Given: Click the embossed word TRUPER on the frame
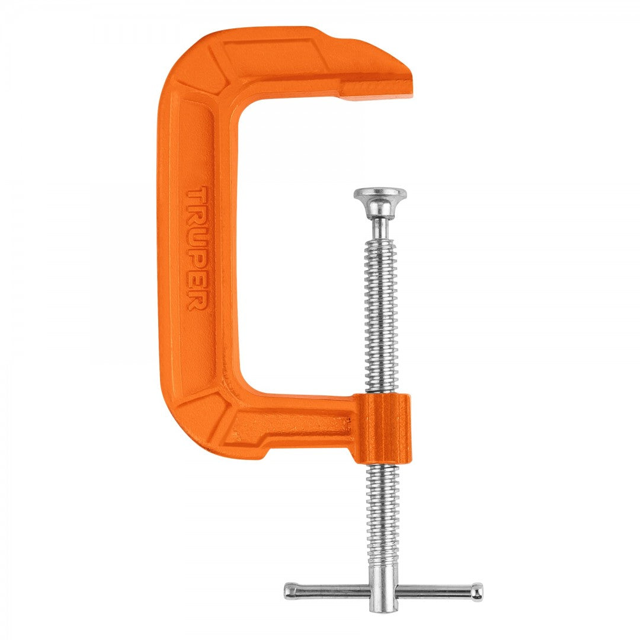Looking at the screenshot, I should pyautogui.click(x=196, y=249).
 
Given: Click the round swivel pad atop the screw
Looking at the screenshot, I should pyautogui.click(x=380, y=196).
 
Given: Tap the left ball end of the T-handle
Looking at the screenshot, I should pyautogui.click(x=290, y=590).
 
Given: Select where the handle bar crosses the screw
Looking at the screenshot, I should pyautogui.click(x=383, y=590).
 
